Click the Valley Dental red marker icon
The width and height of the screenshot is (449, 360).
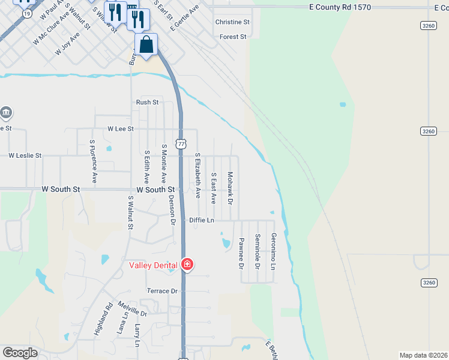187,265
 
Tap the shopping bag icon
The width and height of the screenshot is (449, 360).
146,44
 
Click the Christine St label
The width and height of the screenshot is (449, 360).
232,22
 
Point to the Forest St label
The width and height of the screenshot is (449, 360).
234,37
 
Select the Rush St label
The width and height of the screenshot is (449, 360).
147,103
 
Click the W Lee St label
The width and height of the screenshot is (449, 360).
120,129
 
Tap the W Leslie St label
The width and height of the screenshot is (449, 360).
25,155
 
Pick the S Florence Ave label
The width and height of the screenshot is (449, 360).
93,161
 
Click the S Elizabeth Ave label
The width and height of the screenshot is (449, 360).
197,175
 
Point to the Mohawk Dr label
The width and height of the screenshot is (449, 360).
230,187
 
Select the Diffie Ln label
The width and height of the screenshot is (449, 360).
202,220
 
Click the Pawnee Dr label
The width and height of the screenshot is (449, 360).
241,253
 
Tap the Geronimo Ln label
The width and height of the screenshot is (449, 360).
273,251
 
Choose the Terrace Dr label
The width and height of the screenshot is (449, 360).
163,291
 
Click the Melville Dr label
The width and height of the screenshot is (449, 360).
133,309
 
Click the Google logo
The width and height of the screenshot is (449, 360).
20,353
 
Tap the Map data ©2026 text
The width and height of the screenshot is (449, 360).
423,355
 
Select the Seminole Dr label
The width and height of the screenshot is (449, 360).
257,251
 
